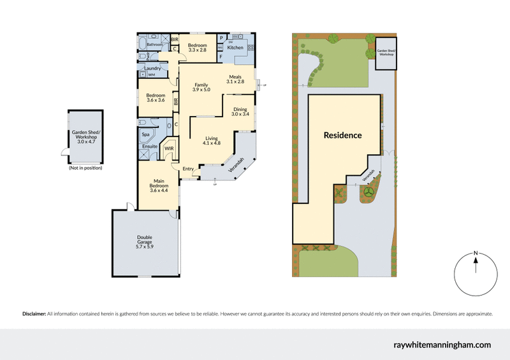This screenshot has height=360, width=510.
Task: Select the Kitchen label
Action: pos(235,48)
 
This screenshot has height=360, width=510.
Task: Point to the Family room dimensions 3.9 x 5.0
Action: pos(202,90)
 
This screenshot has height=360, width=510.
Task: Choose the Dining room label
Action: pos(240,109)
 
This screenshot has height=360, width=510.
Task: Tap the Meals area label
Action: pos(237,76)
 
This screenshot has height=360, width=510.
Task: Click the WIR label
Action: pos(169,148)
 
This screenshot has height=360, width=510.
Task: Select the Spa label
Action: pos(145,135)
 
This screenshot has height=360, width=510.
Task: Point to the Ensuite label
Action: pos(149,147)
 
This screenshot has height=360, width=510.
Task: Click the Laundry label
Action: pos(152,68)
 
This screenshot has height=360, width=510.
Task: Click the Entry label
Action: pos(188,169)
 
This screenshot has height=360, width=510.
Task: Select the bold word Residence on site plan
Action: pos(342,135)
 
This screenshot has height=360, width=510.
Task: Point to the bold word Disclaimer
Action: pos(34,314)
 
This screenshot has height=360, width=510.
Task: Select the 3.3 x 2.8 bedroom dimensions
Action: pos(198,50)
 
